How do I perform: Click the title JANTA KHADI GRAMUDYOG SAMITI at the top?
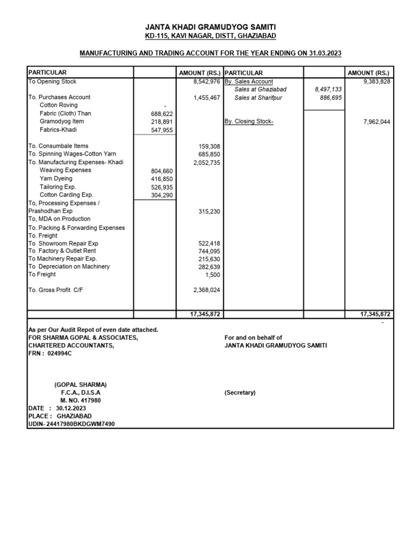click(x=210, y=27)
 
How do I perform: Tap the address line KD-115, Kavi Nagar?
click(x=210, y=36)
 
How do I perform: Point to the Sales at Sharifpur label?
click(x=258, y=98)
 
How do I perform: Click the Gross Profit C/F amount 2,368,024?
click(x=207, y=290)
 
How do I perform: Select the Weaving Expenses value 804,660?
click(x=161, y=171)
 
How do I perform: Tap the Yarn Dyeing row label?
click(x=56, y=178)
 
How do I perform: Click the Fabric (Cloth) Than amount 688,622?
click(x=161, y=114)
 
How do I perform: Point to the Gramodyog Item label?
click(x=62, y=121)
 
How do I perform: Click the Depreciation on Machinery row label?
click(x=69, y=266)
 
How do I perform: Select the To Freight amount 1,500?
click(x=212, y=274)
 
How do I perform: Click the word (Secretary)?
click(x=240, y=392)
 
